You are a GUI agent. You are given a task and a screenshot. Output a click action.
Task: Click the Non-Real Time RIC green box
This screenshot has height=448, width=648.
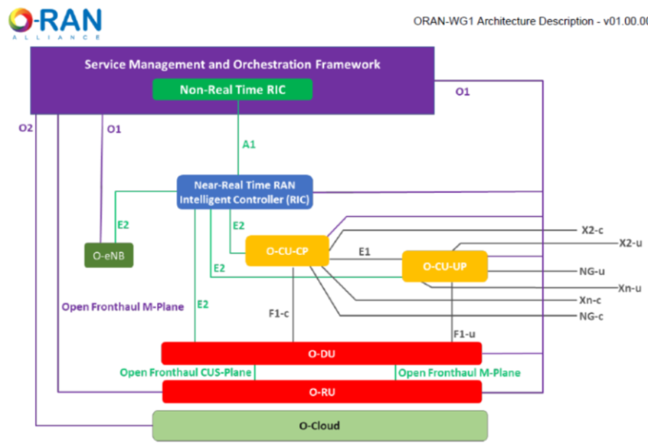tap(232, 90)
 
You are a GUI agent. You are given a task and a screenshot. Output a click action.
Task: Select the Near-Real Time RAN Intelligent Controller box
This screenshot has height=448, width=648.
tap(245, 192)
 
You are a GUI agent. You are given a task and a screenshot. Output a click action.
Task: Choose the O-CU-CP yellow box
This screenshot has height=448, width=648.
tap(287, 250)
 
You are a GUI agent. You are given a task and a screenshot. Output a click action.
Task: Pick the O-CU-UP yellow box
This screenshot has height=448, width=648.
tap(445, 267)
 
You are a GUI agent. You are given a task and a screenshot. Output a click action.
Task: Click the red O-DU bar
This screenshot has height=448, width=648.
tap(321, 354)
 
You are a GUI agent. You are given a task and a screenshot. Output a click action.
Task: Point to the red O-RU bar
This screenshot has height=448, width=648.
tap(321, 391)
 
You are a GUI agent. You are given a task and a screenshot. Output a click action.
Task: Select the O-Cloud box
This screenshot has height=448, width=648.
tap(320, 426)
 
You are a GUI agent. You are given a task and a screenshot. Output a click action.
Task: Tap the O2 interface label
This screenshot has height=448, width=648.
tap(26, 128)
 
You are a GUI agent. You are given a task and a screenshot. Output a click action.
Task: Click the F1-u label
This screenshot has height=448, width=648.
tap(464, 334)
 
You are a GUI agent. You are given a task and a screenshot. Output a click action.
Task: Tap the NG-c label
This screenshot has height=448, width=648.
tap(591, 316)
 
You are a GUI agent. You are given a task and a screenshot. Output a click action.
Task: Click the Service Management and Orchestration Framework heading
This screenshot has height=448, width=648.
tap(232, 64)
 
